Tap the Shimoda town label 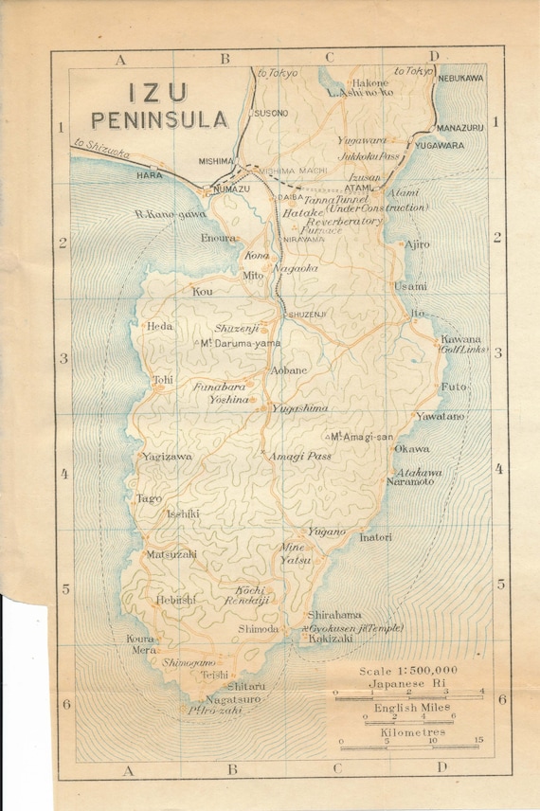[258, 628]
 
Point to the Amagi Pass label [298, 456]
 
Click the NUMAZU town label [231, 189]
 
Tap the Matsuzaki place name [171, 553]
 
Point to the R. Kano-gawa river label [170, 215]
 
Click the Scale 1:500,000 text [408, 670]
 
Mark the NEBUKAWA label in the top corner [459, 78]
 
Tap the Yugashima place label [299, 407]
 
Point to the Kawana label [460, 339]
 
